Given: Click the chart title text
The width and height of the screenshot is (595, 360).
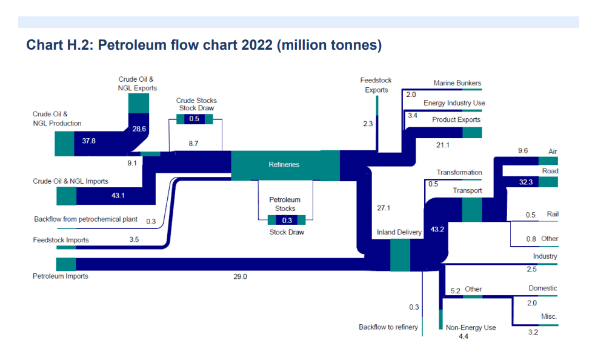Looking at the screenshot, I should (204, 45).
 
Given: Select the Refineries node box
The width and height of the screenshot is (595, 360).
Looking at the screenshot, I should (284, 164).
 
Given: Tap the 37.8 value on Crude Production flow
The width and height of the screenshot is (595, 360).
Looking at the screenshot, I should (89, 141).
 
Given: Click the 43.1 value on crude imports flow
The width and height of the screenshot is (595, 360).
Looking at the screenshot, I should (118, 195).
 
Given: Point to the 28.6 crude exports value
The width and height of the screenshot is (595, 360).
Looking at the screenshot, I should (139, 128).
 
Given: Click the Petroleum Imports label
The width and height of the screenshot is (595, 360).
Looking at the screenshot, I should (60, 276).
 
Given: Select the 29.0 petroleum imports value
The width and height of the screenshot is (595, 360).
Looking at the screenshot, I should (240, 276).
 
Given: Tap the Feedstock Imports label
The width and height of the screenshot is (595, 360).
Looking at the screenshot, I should (61, 240).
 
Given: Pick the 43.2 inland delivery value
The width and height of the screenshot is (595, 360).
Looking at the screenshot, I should (437, 230).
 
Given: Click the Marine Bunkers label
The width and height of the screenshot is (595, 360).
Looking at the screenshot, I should (457, 83).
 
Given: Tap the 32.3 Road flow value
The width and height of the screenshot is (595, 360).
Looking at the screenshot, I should (527, 182).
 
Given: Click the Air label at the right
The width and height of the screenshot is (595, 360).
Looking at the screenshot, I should (552, 151).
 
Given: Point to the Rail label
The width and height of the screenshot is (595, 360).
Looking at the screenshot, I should (552, 214).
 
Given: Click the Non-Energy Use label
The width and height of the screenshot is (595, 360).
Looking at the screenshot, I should (471, 328).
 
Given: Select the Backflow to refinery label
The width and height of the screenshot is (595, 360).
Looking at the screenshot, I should (388, 327).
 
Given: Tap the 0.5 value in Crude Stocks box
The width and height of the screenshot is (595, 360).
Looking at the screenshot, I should (194, 119).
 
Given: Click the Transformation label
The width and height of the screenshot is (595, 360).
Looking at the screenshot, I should (459, 173).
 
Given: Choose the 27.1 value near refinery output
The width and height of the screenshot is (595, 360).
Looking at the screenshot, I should (384, 208).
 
